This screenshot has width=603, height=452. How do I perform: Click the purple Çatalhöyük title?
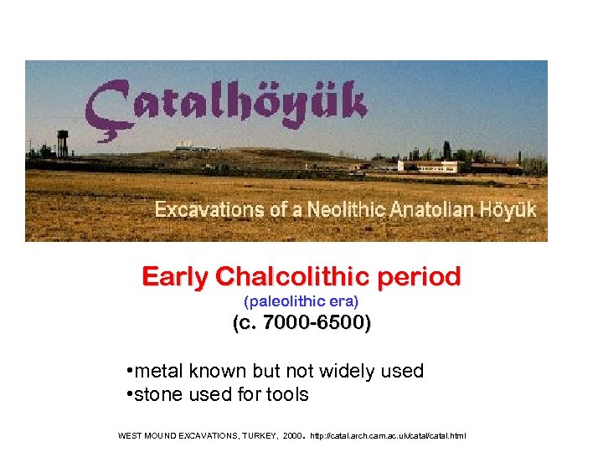(x=226, y=107)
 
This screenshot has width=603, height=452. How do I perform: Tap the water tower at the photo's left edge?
(x=62, y=143)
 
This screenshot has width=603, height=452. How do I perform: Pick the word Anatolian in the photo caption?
(x=410, y=209)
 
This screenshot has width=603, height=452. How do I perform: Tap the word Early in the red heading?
(x=175, y=276)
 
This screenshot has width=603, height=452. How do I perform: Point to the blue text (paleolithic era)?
(x=301, y=300)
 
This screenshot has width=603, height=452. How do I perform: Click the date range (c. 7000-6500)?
(x=301, y=324)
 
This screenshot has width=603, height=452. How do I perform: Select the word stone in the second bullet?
(x=157, y=394)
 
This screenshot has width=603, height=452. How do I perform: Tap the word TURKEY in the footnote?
(x=257, y=436)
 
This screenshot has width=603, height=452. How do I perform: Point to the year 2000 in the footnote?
(x=292, y=436)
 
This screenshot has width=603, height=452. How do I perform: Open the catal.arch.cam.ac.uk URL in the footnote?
(x=388, y=436)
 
